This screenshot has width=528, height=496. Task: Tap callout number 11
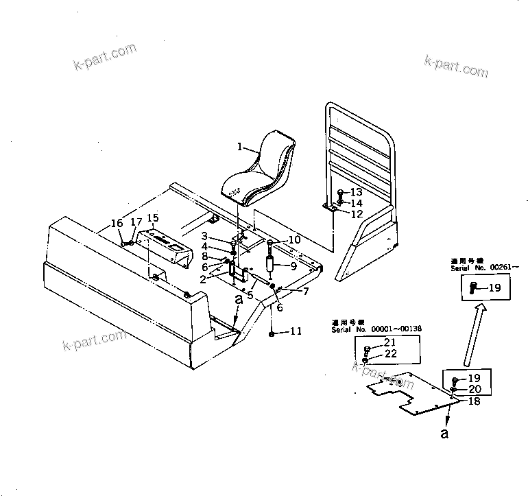(x=295, y=331)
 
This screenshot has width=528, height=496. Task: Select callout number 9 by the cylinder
(x=293, y=266)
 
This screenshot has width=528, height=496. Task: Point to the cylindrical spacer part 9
(x=270, y=265)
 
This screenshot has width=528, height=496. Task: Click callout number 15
(x=153, y=218)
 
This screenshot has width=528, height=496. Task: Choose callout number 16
(x=117, y=223)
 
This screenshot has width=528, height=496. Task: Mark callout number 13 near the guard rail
(x=356, y=193)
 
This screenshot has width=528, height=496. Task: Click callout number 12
(x=356, y=214)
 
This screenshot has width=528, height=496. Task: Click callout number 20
(x=475, y=389)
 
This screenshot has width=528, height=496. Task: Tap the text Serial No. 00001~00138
(x=376, y=329)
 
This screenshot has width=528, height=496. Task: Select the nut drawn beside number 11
(x=273, y=333)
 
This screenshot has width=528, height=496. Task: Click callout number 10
(x=294, y=239)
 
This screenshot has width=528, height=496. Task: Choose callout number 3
(x=204, y=237)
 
